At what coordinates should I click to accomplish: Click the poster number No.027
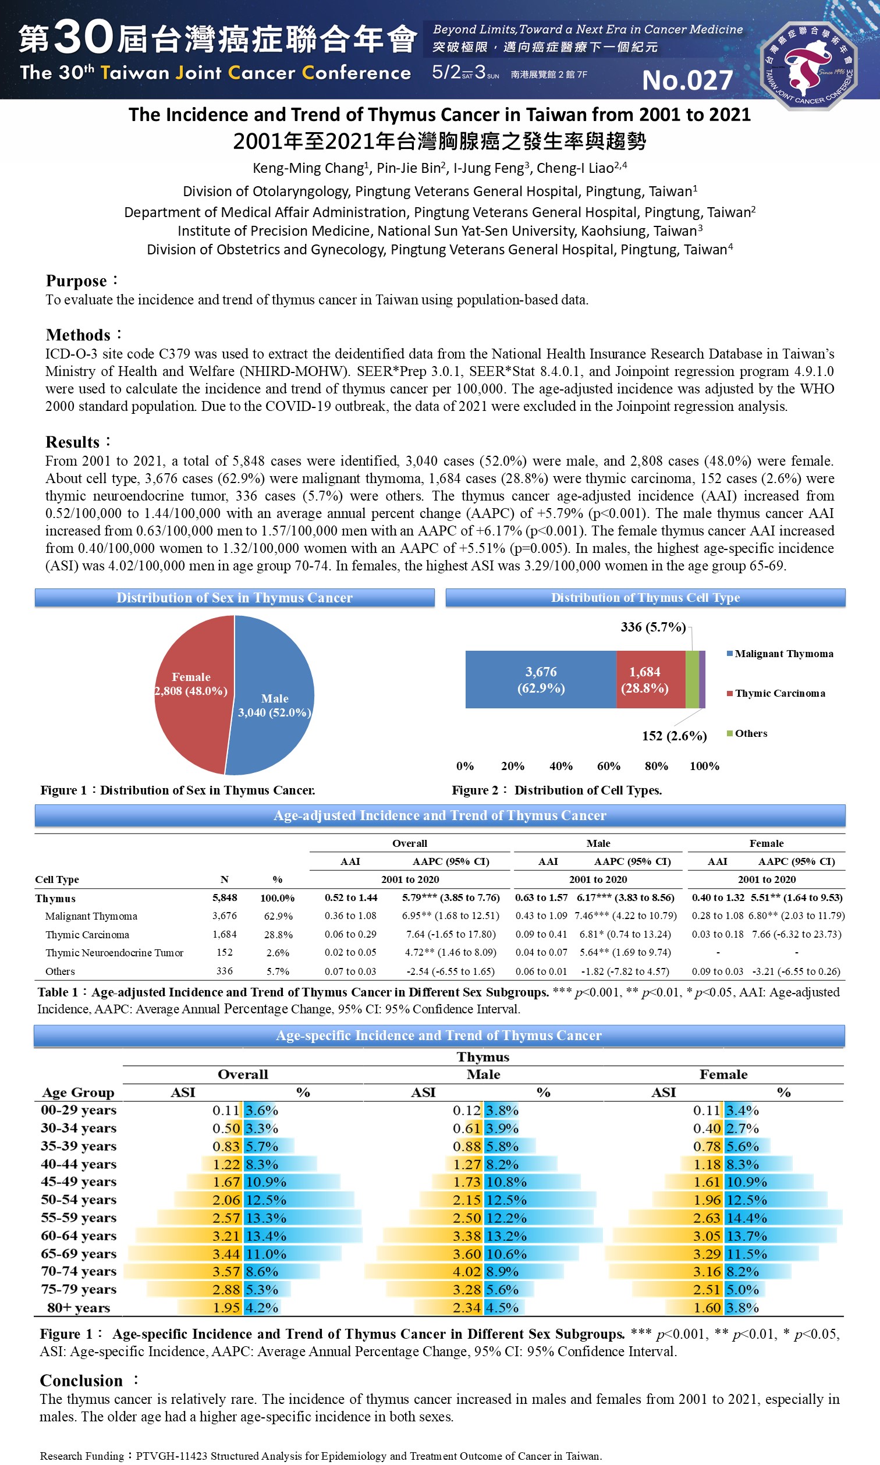click(x=687, y=81)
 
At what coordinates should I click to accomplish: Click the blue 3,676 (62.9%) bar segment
click(x=540, y=679)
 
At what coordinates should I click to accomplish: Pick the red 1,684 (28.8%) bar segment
click(x=645, y=679)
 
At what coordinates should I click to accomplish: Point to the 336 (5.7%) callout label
click(x=653, y=627)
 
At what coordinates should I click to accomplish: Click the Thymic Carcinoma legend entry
click(x=780, y=694)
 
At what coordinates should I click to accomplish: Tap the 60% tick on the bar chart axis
click(x=608, y=766)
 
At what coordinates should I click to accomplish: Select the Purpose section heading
click(x=76, y=281)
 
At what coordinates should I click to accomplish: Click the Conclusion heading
click(x=81, y=1381)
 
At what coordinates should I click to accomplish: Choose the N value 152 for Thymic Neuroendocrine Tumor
click(x=224, y=953)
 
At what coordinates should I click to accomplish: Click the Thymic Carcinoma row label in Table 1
click(x=87, y=935)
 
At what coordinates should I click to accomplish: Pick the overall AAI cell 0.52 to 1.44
click(x=351, y=898)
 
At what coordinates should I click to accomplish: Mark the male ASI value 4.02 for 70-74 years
click(x=467, y=1272)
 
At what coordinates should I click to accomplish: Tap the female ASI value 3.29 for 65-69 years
click(x=707, y=1254)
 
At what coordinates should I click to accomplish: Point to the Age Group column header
click(x=77, y=1092)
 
